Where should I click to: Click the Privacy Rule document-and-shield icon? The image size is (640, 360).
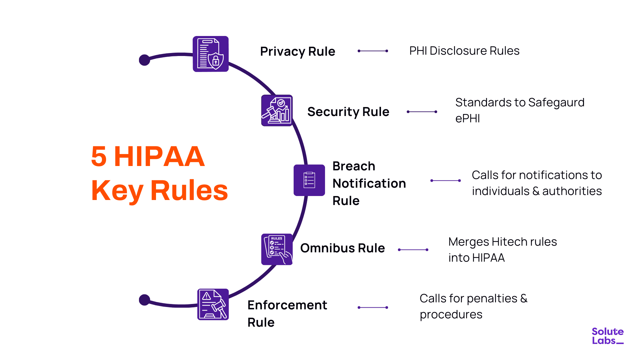[x=211, y=54]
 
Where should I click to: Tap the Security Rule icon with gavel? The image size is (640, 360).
[x=277, y=111]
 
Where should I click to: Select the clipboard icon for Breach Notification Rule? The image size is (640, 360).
[x=309, y=180]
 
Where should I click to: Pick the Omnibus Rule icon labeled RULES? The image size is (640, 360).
[x=277, y=249]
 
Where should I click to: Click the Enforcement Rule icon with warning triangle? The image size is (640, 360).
[x=213, y=304]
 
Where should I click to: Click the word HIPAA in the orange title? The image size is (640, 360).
[x=159, y=156]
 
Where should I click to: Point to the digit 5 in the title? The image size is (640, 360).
[x=99, y=156]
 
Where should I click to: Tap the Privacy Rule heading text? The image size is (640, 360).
[x=297, y=52]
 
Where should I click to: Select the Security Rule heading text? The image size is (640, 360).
[x=348, y=112]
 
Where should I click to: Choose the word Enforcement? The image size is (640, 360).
[x=287, y=305]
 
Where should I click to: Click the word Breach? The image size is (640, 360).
[x=354, y=166]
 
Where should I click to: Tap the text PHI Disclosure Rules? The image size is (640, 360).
[x=464, y=51]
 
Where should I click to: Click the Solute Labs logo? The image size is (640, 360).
[x=607, y=336]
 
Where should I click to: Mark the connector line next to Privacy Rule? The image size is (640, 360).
[x=373, y=51]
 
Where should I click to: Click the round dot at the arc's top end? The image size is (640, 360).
[x=144, y=60]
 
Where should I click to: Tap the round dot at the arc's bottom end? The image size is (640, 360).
[x=144, y=300]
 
